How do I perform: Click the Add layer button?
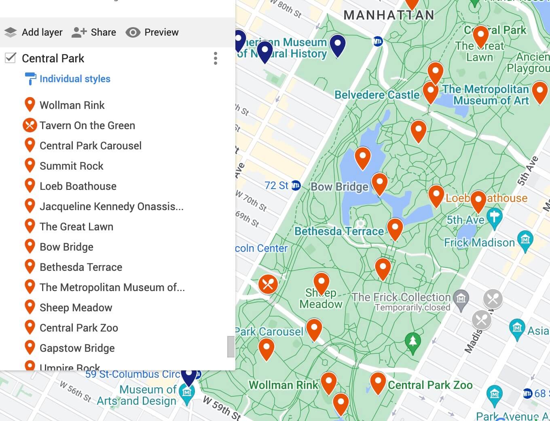coord(34,32)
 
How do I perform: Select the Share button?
coord(94,32)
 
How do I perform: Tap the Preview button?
coord(152,32)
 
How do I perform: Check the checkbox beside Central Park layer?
coord(11,58)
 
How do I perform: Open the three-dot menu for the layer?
coord(216,58)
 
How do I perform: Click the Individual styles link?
coord(75,79)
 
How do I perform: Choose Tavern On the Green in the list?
coord(87,125)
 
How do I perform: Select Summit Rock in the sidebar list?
coord(71,166)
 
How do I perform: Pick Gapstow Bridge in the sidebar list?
coord(77,348)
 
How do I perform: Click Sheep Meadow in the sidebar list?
coord(76,308)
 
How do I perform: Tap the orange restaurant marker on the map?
coord(268,284)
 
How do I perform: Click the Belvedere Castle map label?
coord(377,95)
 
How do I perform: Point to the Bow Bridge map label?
coord(339,187)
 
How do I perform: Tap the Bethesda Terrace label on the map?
coord(339,231)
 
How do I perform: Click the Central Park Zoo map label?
coord(430,385)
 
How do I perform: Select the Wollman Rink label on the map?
coord(283,385)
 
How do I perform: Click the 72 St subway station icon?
coord(296,186)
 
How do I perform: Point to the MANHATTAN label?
coord(389,15)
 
